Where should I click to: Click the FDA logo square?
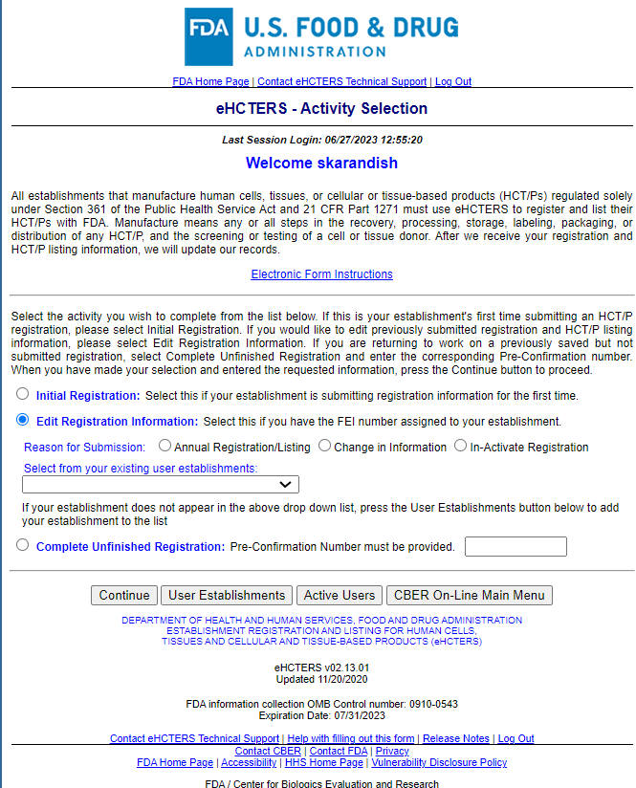pos(208,36)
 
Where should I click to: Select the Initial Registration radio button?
pos(22,394)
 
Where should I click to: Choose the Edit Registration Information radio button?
pos(22,420)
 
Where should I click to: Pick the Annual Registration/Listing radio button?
pos(165,446)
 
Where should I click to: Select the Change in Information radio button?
pos(325,446)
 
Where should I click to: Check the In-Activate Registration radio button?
pos(461,446)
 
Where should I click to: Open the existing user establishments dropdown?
pos(161,484)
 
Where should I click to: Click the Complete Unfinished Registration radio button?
pos(22,546)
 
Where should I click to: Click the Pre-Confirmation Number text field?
pos(515,547)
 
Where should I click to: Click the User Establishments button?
pos(227,595)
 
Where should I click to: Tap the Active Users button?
pos(340,595)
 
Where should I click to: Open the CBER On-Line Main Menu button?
pos(470,595)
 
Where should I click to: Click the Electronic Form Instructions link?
pos(321,274)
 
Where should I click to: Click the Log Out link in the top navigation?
pos(453,82)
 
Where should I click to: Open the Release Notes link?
pos(456,738)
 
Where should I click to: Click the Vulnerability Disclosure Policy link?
pos(439,763)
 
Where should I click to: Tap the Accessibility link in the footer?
pos(249,763)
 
